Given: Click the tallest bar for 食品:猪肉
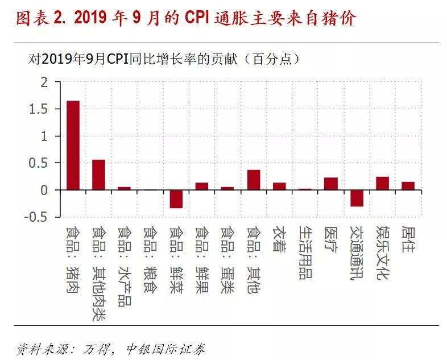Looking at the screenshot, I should coord(73,145).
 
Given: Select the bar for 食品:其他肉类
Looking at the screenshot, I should coord(98,175).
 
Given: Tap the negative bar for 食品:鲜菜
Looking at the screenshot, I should coord(176,199).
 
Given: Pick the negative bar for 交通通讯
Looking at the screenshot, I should coord(357,198).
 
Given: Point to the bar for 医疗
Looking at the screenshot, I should coord(331,184).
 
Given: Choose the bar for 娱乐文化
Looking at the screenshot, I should coord(382,183).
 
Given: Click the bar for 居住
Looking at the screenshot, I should coord(408,186).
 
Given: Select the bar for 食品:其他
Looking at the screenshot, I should coord(254,180).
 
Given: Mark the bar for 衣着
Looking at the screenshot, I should coord(279,186).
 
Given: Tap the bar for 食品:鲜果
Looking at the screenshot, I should coord(202,186).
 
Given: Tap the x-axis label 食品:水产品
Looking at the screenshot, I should coord(125,266).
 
